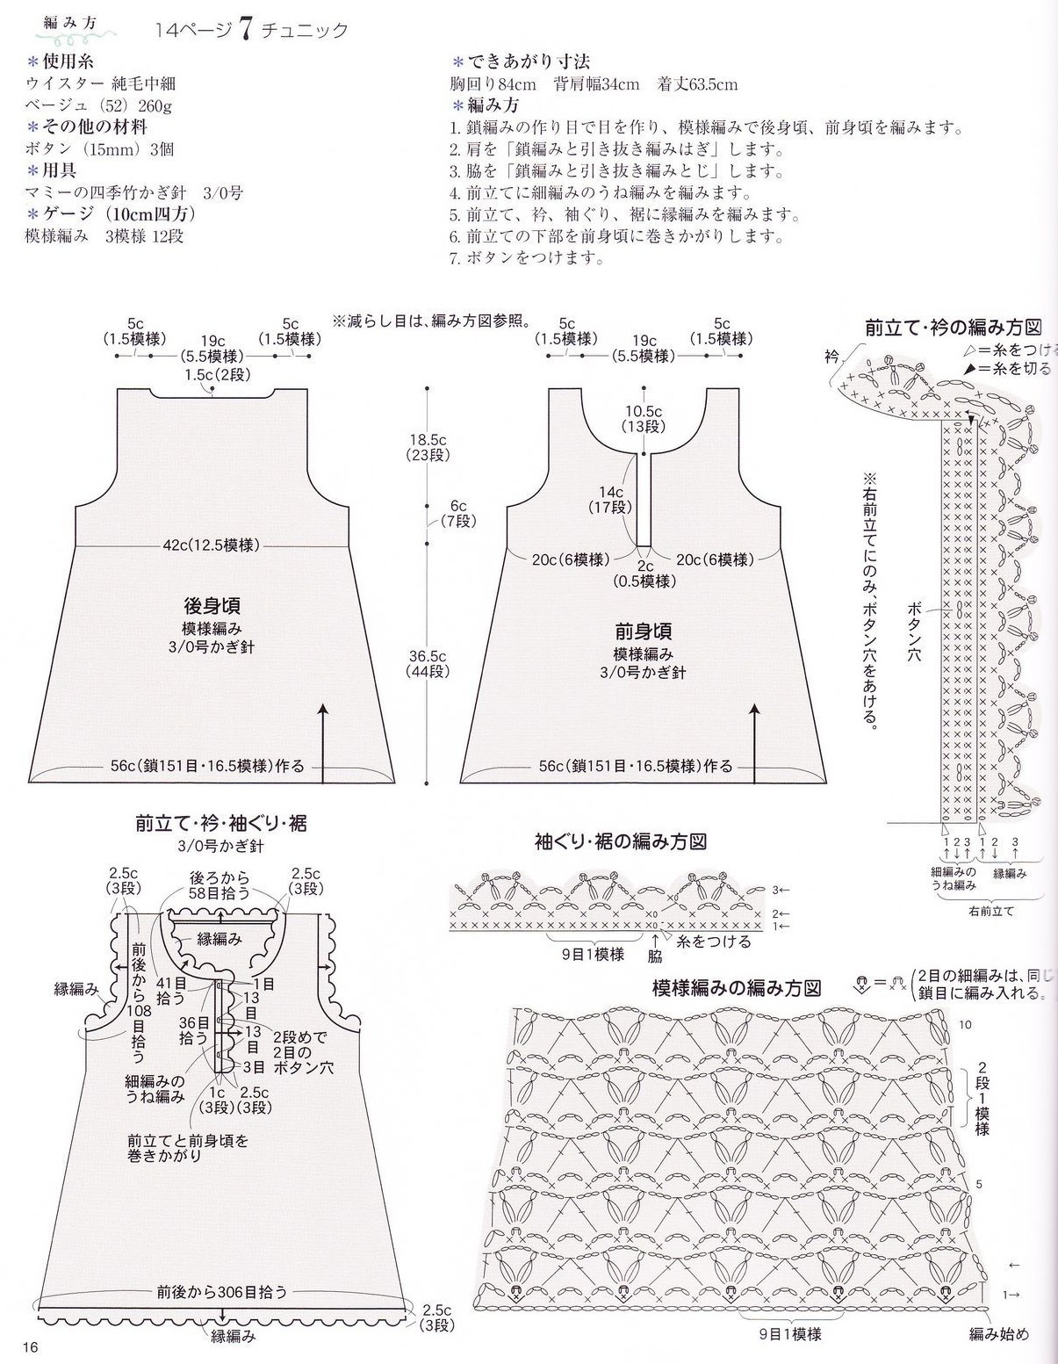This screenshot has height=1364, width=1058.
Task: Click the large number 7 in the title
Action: tap(244, 29)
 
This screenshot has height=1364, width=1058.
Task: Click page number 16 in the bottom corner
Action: tap(32, 1347)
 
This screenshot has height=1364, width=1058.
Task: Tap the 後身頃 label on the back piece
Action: tap(212, 606)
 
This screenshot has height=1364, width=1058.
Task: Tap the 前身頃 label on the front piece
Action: tap(644, 631)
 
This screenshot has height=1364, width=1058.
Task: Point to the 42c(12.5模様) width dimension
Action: tap(212, 545)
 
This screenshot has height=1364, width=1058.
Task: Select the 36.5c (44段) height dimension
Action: tap(428, 663)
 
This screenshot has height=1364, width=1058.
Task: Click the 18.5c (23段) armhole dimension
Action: tap(428, 447)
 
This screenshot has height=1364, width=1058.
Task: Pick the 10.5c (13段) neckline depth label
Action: tap(644, 419)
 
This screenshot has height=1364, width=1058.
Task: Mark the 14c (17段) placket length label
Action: tap(611, 500)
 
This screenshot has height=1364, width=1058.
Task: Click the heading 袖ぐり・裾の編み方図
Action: tap(621, 841)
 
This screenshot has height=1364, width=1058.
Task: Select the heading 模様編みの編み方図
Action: tap(736, 987)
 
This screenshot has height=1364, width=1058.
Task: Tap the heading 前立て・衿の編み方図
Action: tap(953, 328)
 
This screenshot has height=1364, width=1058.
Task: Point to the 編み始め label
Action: tap(998, 1333)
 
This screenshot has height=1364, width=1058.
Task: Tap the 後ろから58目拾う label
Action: tap(220, 885)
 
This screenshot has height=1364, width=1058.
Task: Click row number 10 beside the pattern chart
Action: tap(965, 1025)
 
